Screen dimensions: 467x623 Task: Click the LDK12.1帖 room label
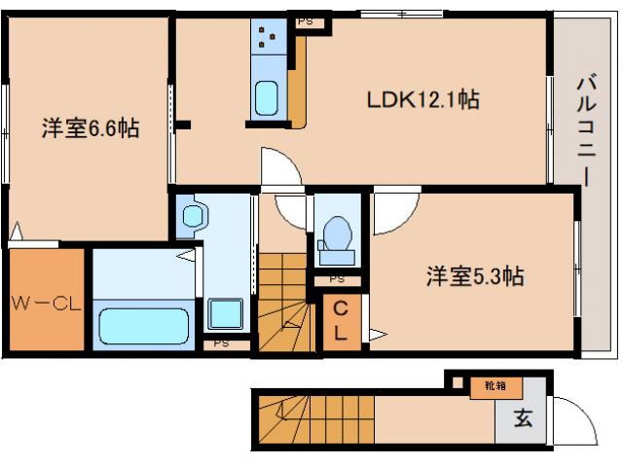tap(421, 99)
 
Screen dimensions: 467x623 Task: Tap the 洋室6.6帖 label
tap(90, 127)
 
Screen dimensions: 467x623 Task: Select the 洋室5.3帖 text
tap(476, 276)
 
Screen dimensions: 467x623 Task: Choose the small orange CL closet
tap(341, 320)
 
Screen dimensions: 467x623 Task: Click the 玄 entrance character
tap(523, 419)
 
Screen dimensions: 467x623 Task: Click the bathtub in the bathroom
tap(144, 325)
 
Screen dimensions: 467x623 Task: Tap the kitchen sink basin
tap(267, 99)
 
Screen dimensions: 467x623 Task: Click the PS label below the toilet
tap(337, 279)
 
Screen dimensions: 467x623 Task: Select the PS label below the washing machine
tap(222, 342)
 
